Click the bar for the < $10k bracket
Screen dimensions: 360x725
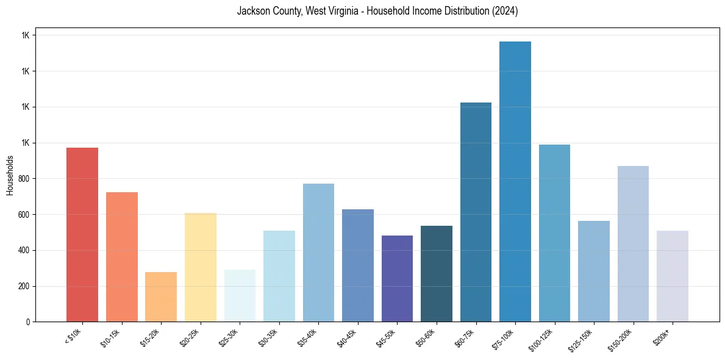[x=82, y=235]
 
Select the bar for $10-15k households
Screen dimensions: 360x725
[x=122, y=257]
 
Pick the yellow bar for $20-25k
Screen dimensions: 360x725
[x=201, y=267]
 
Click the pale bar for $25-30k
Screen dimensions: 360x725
[x=240, y=296]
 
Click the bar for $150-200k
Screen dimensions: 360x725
[x=633, y=244]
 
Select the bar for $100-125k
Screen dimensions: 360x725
[x=554, y=233]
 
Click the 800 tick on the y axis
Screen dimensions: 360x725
[x=23, y=179]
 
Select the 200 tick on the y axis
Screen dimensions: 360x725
[x=23, y=286]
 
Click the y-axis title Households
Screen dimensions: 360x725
[x=10, y=175]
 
